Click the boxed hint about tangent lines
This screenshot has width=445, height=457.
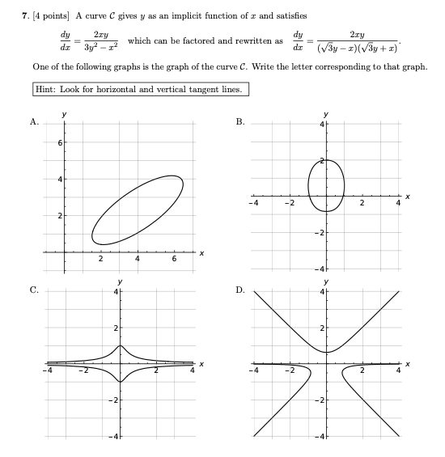(141, 89)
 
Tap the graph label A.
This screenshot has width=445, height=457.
(34, 122)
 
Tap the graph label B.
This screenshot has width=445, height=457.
(239, 122)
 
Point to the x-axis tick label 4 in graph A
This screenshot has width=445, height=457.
(138, 260)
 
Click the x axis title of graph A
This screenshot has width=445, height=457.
(201, 254)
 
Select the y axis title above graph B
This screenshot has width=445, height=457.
(326, 114)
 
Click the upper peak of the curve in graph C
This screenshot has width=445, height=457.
(121, 345)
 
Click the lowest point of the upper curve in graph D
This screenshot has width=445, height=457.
(326, 352)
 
